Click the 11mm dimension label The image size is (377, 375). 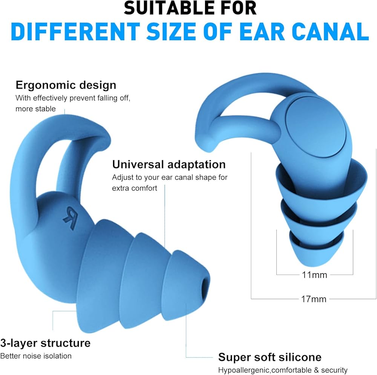pyautogui.click(x=314, y=275)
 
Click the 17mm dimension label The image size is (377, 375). pyautogui.click(x=313, y=299)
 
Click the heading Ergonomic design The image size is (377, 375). pyautogui.click(x=66, y=85)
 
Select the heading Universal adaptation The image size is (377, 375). pyautogui.click(x=169, y=164)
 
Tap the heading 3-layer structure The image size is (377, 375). pyautogui.click(x=45, y=343)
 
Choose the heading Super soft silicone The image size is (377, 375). pyautogui.click(x=270, y=357)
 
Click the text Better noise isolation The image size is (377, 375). pyautogui.click(x=36, y=356)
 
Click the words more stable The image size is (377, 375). pyautogui.click(x=35, y=109)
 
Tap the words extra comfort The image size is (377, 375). pyautogui.click(x=135, y=187)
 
